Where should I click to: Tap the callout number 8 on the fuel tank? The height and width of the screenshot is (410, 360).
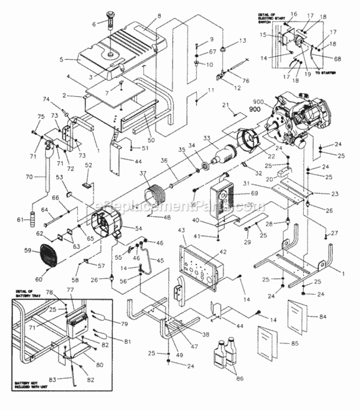tap(159, 16)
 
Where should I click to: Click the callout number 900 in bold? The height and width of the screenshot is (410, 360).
tap(254, 109)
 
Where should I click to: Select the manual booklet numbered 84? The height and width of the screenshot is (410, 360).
tap(300, 314)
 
